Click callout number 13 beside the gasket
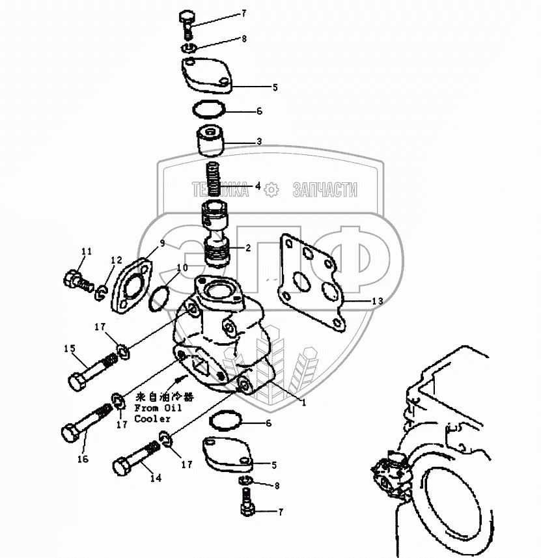click(378, 301)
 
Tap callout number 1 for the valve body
click(303, 402)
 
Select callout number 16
click(82, 460)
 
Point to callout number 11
click(87, 252)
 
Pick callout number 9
click(162, 244)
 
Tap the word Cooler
click(152, 419)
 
